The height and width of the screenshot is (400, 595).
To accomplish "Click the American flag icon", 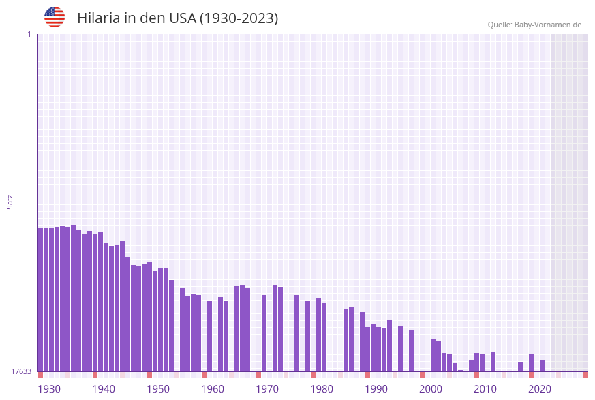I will click(x=55, y=17).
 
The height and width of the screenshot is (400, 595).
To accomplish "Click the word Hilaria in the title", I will click(x=99, y=18).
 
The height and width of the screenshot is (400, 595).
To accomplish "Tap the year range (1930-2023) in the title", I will click(x=239, y=18).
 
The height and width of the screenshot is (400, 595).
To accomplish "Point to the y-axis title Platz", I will click(x=10, y=202).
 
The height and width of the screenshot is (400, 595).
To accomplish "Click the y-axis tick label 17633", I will click(x=21, y=371).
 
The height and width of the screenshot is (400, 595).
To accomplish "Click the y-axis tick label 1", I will click(x=29, y=34).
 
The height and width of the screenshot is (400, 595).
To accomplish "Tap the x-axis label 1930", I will click(x=48, y=389).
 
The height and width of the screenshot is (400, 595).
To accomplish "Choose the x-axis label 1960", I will click(x=213, y=389).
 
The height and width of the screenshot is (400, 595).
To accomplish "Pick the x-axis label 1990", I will click(x=376, y=389).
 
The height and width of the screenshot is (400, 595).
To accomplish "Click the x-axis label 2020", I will click(x=540, y=389).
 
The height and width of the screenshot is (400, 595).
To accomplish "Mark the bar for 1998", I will click(x=412, y=350).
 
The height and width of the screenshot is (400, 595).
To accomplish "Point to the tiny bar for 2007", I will click(x=461, y=371).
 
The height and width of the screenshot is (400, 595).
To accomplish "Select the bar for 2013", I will click(x=493, y=361).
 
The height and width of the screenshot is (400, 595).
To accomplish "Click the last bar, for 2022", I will click(x=543, y=365).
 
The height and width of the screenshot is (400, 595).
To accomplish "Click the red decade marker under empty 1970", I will click(x=259, y=375).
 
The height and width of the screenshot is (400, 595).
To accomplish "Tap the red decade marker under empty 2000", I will click(x=423, y=375).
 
